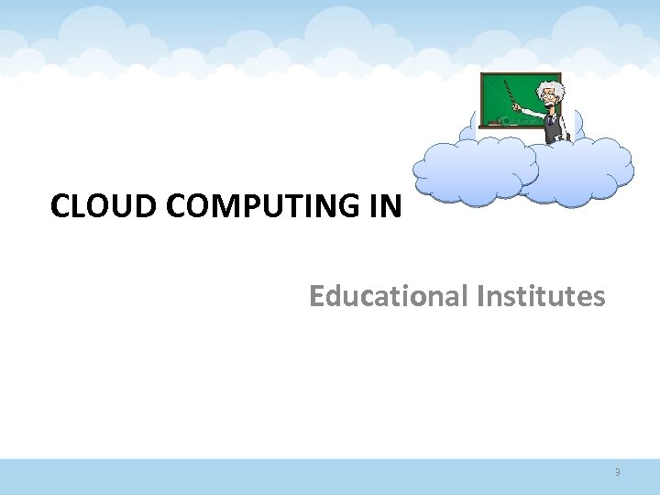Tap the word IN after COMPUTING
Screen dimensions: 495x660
[386, 207]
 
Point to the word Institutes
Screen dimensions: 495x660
[540, 297]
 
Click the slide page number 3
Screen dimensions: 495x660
[618, 473]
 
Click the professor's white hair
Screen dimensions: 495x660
[553, 88]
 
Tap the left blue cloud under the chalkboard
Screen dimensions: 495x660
[475, 170]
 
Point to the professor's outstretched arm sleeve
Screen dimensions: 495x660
[532, 113]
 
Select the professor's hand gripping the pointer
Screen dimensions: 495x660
[518, 108]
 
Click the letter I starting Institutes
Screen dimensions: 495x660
[479, 297]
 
